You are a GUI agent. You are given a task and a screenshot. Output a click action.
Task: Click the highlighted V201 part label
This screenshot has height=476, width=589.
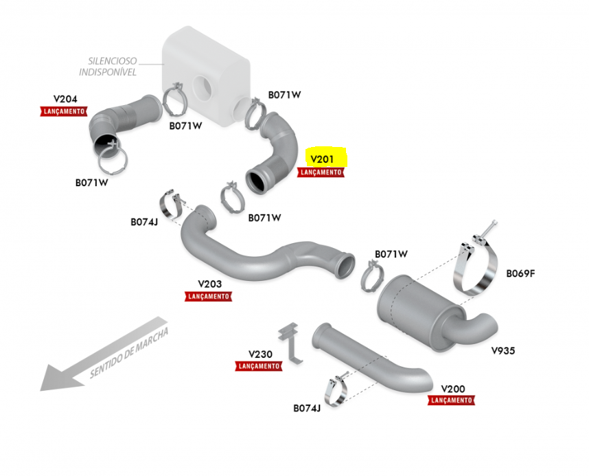323,159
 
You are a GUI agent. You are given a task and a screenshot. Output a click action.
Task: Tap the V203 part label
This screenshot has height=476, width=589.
209,283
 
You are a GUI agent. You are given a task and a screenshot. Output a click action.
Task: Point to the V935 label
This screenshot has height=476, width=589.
503,350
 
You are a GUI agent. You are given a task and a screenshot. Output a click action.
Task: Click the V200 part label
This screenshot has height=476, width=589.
452,388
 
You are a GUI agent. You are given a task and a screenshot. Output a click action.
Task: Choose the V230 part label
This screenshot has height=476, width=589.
259,354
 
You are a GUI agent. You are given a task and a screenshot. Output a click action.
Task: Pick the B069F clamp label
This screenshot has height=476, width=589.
520,273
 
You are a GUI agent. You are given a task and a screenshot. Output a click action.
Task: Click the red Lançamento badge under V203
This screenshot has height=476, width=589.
209,296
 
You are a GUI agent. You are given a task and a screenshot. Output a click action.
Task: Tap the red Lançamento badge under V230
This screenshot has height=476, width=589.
259,367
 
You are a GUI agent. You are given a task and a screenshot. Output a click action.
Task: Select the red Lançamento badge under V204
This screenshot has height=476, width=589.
63,111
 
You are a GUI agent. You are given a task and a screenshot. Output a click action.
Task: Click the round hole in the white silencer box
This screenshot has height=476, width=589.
204,87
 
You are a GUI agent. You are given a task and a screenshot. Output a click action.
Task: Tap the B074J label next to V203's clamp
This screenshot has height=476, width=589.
144,222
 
